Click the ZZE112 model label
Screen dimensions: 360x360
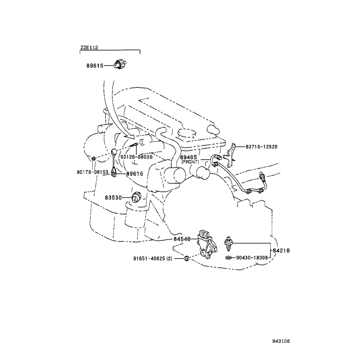[89, 48]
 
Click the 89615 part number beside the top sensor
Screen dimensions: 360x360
[95, 66]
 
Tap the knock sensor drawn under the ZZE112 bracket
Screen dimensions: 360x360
[120, 64]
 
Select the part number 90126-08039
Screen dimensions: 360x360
[136, 157]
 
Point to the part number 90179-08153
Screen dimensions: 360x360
[93, 172]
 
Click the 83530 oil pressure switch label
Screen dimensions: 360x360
[113, 198]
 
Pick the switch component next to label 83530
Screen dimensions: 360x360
[136, 198]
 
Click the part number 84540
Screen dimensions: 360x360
[182, 239]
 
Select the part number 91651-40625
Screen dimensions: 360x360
[149, 258]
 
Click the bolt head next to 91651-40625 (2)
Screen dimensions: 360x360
[187, 258]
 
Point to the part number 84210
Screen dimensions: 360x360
[281, 251]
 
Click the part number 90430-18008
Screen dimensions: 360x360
[252, 257]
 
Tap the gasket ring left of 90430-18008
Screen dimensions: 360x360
[229, 257]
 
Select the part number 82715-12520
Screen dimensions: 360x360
[261, 147]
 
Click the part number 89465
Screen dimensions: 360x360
[188, 157]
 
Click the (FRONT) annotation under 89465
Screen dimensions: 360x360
[190, 162]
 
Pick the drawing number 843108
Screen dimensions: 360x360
[281, 341]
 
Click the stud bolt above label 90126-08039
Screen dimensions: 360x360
[134, 145]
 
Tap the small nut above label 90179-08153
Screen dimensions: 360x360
[93, 158]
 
